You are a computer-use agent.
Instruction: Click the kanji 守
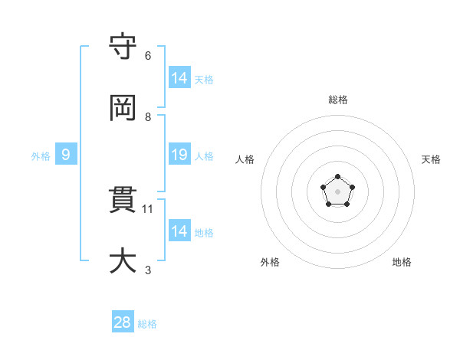(123, 47)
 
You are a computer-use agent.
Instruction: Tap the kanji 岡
(123, 108)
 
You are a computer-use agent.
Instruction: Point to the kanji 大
(123, 260)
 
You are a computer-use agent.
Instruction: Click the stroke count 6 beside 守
(148, 56)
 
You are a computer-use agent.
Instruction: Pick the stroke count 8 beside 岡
(148, 117)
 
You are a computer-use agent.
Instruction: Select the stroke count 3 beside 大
(148, 270)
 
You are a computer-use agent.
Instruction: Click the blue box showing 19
(179, 155)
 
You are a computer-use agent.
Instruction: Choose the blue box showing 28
(123, 322)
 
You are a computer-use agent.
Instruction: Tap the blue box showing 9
(66, 155)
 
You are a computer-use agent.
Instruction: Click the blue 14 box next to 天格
(179, 78)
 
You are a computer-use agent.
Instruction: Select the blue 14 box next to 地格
(179, 231)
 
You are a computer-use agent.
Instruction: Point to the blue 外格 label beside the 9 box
(41, 156)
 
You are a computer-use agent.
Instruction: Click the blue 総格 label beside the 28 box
(147, 324)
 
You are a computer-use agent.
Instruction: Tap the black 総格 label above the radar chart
(337, 100)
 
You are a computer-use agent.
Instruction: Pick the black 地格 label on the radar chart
(402, 262)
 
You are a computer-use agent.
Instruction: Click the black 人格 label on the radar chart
(245, 159)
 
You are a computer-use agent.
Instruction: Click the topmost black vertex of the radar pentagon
(337, 177)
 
